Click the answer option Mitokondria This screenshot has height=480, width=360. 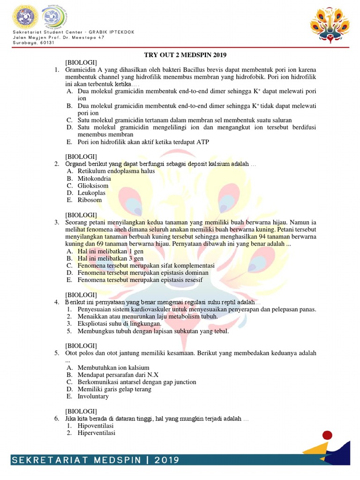click(x=94, y=179)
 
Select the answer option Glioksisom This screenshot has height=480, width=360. click(x=93, y=186)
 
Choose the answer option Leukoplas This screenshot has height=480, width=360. click(x=91, y=193)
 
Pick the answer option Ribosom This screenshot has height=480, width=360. click(x=90, y=200)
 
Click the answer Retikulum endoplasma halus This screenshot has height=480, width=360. click(x=116, y=171)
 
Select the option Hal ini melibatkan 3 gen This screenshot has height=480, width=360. click(x=110, y=258)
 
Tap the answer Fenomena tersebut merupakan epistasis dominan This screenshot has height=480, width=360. click(x=143, y=272)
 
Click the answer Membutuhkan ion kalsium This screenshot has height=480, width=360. click(x=113, y=367)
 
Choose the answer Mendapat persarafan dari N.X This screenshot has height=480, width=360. click(x=118, y=375)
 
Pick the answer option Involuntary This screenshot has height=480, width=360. click(x=93, y=396)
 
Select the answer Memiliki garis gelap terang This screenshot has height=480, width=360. click(x=114, y=389)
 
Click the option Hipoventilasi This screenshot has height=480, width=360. click(x=96, y=426)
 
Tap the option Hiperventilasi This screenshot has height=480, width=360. click(x=97, y=433)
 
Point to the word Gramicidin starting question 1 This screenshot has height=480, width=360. click(x=80, y=70)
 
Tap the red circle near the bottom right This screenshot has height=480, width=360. click(x=328, y=435)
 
